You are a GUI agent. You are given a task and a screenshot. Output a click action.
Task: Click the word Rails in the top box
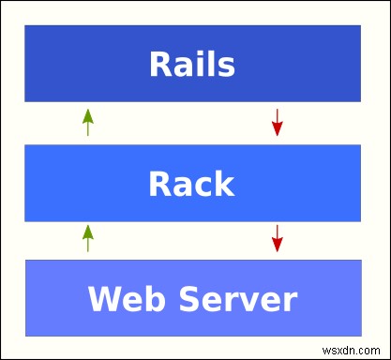[x=192, y=65]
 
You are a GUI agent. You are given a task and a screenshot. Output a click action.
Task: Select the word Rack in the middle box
[x=192, y=183]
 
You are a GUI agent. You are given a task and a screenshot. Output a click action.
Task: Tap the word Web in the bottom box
[x=122, y=300]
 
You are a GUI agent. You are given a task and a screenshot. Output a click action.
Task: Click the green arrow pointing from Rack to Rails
[x=88, y=122]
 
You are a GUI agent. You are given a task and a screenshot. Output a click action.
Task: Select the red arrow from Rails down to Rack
[x=277, y=122]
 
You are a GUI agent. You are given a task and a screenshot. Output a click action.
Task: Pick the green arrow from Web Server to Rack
[x=88, y=238]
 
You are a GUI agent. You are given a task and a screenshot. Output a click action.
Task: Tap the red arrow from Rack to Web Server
[x=277, y=238]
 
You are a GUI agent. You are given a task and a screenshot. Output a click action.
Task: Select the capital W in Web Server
[x=103, y=300]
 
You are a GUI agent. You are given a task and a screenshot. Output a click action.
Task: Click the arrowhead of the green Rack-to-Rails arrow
[x=88, y=114]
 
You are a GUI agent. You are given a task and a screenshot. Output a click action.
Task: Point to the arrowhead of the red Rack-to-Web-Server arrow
[x=277, y=246]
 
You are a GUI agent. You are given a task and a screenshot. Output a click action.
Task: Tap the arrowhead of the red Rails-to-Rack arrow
[x=277, y=129]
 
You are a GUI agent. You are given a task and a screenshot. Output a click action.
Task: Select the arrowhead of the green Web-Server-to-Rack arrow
[x=88, y=231]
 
